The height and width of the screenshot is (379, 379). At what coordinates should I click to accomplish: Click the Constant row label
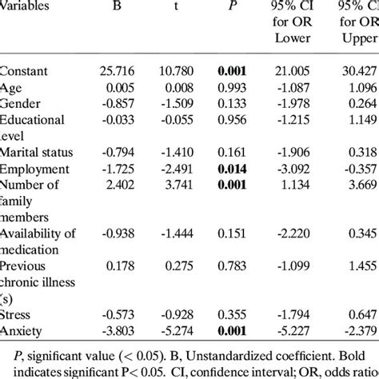(x=27, y=73)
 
